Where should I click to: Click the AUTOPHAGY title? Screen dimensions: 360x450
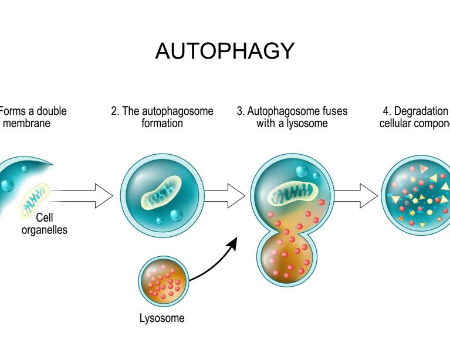coord(224,52)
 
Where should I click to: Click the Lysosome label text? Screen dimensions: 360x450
coord(162,318)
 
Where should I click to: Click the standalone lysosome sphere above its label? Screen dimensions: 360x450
coord(163,281)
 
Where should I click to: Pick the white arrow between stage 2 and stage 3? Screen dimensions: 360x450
coord(225,195)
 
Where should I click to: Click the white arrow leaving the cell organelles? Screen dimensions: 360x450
coord(82,195)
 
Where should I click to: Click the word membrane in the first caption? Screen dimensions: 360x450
coord(27,124)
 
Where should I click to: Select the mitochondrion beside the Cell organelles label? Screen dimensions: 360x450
coord(36,200)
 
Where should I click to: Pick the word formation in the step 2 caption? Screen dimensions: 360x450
coord(162,124)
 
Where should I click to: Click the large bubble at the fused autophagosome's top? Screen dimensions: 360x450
coord(303,172)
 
